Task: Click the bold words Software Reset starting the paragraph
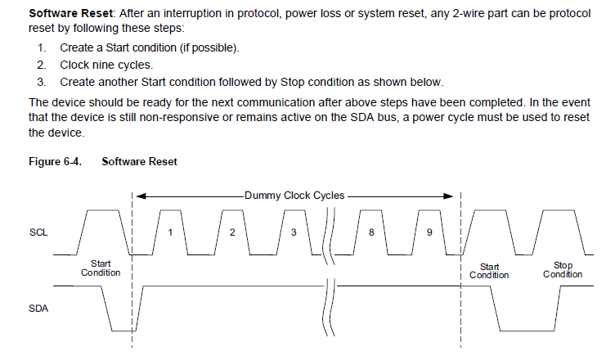[70, 15]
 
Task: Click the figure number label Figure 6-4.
[56, 162]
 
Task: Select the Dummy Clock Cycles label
[294, 196]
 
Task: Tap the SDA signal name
[38, 309]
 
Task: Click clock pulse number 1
[170, 232]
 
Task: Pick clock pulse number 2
[232, 232]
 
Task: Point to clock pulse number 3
[294, 232]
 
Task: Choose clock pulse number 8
[370, 232]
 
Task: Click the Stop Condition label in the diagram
[563, 270]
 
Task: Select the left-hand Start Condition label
[101, 268]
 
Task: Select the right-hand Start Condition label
[489, 271]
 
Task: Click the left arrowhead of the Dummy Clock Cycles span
[141, 196]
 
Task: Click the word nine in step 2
[102, 65]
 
